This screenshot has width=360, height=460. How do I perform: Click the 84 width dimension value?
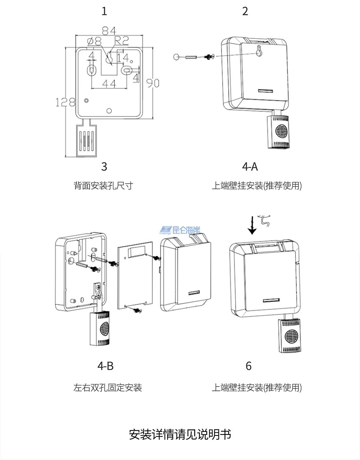tap(109, 30)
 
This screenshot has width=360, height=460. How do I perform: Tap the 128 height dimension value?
tap(65, 102)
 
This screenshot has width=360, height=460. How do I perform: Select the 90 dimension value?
tap(153, 83)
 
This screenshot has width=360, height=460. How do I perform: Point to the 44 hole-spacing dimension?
tap(109, 84)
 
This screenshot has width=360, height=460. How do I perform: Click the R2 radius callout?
tap(122, 41)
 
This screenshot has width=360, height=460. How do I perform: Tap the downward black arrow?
tap(252, 225)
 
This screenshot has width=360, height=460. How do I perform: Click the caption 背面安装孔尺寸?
tap(103, 186)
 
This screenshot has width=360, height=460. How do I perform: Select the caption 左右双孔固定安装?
tap(108, 388)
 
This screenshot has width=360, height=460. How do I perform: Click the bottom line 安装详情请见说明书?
tap(180, 434)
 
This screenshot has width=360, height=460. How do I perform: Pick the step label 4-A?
tap(250, 167)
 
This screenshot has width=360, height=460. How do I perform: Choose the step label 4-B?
tap(105, 366)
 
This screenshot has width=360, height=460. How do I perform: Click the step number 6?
tap(248, 366)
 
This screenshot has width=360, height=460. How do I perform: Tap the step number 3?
tap(104, 167)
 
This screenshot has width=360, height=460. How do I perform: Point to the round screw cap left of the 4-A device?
tap(176, 57)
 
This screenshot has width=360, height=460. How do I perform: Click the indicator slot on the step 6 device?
tap(271, 300)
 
